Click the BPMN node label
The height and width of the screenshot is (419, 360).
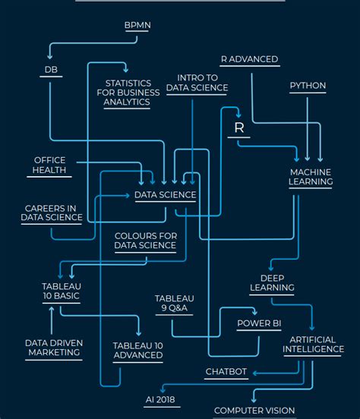[x=137, y=25]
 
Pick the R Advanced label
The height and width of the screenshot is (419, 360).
[x=249, y=59]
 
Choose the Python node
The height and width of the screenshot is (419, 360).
[x=308, y=86]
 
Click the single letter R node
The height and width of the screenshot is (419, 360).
[x=238, y=128]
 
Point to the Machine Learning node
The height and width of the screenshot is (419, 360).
[x=311, y=177]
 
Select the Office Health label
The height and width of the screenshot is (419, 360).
[x=49, y=165]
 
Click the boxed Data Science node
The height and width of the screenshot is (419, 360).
[x=165, y=195]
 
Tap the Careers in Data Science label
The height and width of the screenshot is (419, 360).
[x=52, y=213]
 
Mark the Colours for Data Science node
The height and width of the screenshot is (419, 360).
[x=145, y=241]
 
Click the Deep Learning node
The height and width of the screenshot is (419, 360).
[x=272, y=283]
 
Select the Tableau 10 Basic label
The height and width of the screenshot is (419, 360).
[x=61, y=291]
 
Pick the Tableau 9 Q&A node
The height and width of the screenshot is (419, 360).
[x=175, y=303]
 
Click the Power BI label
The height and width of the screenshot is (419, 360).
[x=259, y=323]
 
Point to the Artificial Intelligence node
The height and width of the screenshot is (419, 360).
[x=313, y=344]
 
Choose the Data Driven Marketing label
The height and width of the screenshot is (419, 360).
[x=54, y=348]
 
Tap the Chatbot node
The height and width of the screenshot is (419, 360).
[x=226, y=372]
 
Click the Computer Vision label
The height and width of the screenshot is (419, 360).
[x=254, y=411]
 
